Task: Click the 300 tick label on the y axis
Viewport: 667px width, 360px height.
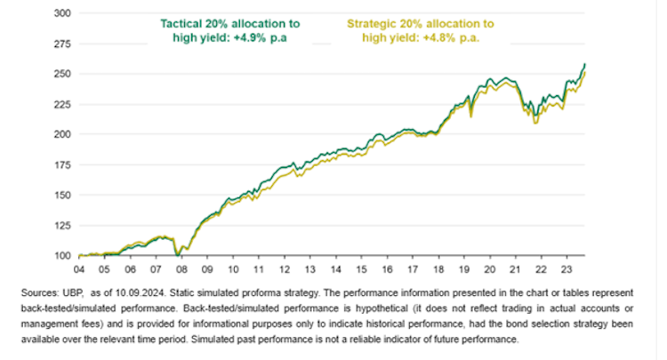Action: pyautogui.click(x=61, y=13)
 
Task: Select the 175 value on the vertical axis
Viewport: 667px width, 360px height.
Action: pyautogui.click(x=61, y=164)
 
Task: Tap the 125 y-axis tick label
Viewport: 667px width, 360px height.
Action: pyautogui.click(x=61, y=225)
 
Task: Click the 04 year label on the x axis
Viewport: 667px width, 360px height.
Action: pyautogui.click(x=79, y=267)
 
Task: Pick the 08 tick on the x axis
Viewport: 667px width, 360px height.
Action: pyautogui.click(x=181, y=267)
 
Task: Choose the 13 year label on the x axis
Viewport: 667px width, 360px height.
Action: pyautogui.click(x=308, y=267)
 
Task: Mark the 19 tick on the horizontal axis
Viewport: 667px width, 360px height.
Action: pyautogui.click(x=462, y=267)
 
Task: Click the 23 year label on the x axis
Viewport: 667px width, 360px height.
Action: pyautogui.click(x=564, y=267)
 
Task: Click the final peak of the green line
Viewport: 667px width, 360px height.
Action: pyautogui.click(x=583, y=64)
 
